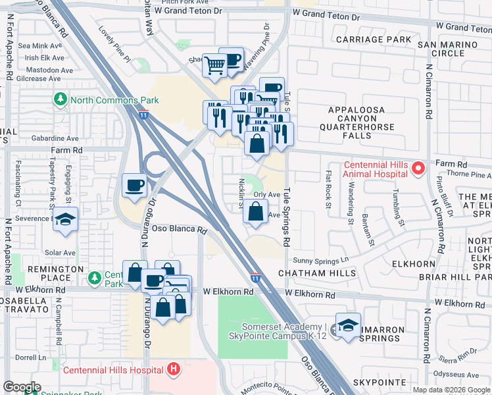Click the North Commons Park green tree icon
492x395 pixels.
61,99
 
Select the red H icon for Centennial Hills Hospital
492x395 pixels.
174,369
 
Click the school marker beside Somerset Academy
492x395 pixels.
348,325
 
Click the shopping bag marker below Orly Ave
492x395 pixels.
255,212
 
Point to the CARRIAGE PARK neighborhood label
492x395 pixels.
373,39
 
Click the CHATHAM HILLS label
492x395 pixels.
317,273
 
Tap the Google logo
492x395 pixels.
22,387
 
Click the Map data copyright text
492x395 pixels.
450,390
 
